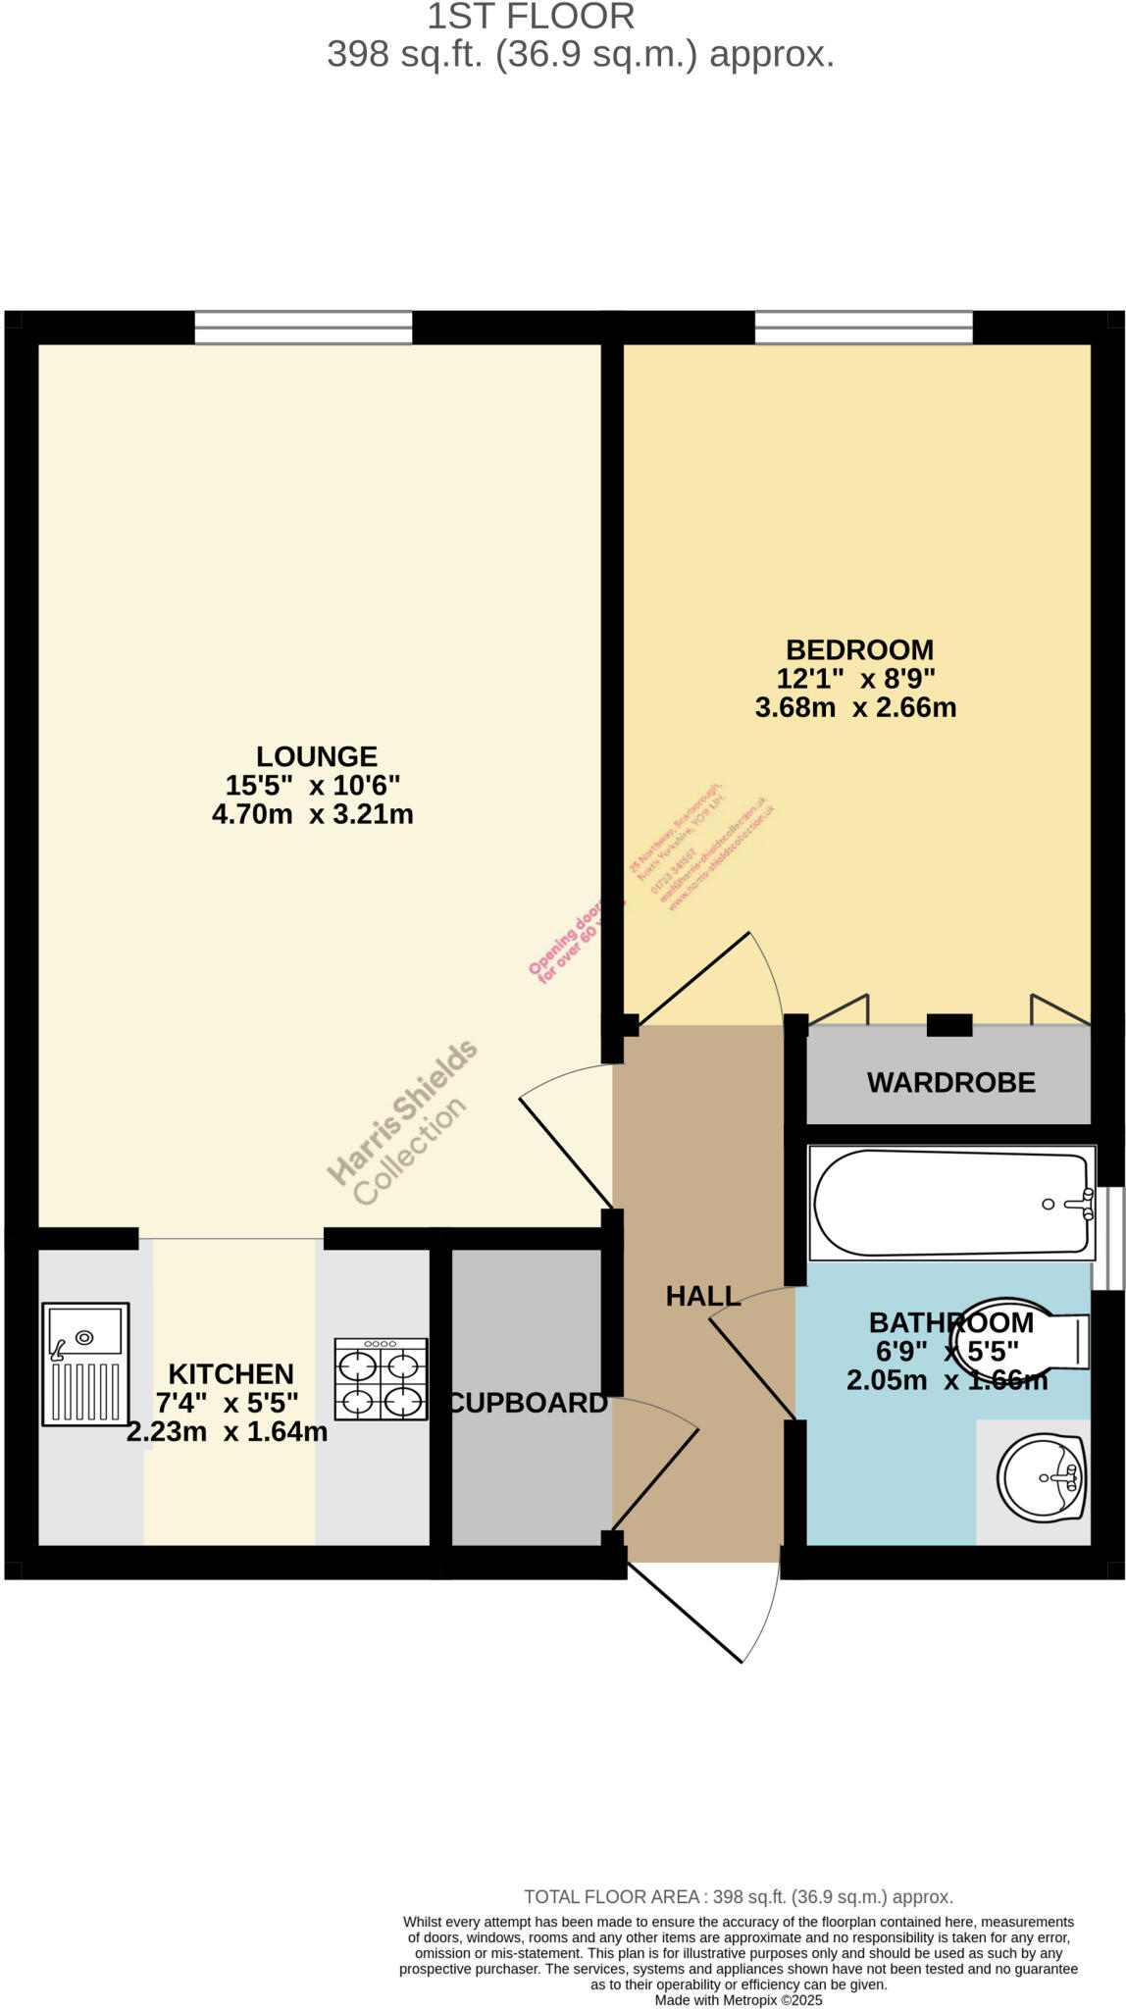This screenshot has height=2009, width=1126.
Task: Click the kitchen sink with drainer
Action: click(85, 1364)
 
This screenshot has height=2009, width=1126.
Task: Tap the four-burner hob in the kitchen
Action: click(381, 1379)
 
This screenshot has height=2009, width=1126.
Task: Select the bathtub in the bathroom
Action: click(949, 1203)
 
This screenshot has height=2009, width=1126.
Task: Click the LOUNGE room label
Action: click(316, 756)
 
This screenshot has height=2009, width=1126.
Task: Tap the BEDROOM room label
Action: click(859, 649)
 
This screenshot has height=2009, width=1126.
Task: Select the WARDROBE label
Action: click(950, 1083)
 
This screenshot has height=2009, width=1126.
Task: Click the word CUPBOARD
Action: click(528, 1403)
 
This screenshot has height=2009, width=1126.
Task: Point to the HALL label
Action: click(702, 1296)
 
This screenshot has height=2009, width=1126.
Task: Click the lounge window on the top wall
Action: click(303, 328)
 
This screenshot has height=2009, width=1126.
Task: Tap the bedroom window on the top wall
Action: click(863, 328)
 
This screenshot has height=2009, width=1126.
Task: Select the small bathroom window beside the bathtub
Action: click(1110, 1238)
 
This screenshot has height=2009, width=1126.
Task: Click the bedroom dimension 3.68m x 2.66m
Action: click(855, 707)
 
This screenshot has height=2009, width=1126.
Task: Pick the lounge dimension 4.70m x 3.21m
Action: click(312, 814)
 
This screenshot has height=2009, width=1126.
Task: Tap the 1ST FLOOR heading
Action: click(531, 17)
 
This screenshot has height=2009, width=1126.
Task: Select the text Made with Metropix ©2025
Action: click(738, 2000)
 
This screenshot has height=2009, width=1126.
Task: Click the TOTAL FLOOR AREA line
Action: click(738, 1897)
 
